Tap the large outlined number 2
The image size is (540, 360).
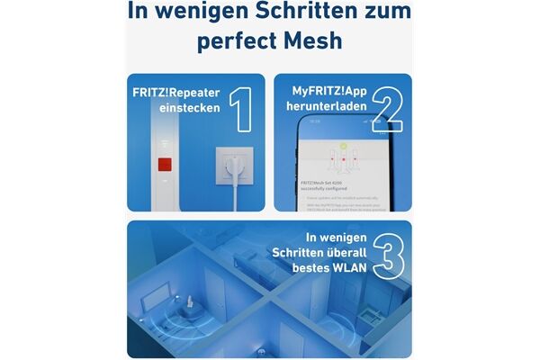(x=384, y=110)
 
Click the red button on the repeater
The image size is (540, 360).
(x=165, y=166)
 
